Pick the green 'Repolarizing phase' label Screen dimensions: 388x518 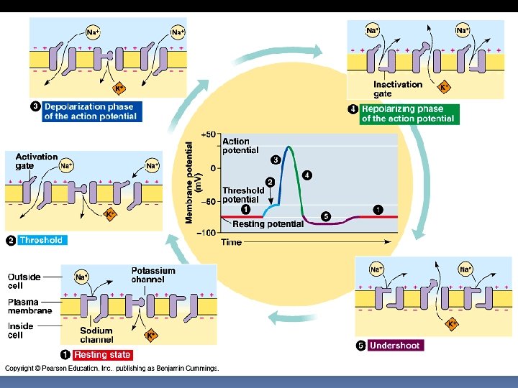coord(408,114)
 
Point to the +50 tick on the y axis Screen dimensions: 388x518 coord(209,135)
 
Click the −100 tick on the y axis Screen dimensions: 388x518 coord(206,233)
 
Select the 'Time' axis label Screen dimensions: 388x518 coord(231,242)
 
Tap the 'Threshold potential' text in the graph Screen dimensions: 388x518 coord(243,195)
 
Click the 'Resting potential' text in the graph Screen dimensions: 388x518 coord(268,224)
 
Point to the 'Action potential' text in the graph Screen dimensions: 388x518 coord(240,146)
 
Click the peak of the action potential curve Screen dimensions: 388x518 coord(289,147)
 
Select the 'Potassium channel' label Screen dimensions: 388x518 coord(153,275)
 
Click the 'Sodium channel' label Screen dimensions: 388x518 coord(96,336)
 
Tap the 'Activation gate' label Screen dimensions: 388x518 coord(36,161)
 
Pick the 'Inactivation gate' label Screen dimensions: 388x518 coord(397,89)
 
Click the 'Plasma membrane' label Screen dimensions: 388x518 coord(29,307)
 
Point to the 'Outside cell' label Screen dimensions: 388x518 coord(24,281)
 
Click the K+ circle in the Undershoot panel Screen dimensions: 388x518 coord(453,324)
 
